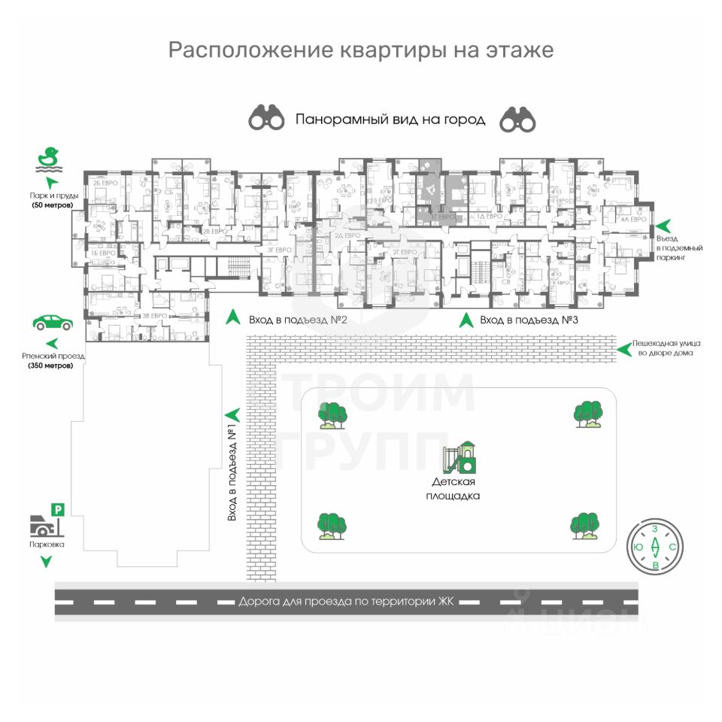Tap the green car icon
pyautogui.click(x=53, y=323)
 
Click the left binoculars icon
pyautogui.click(x=267, y=118)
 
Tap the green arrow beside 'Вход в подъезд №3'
pyautogui.click(x=466, y=320)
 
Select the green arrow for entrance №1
pyautogui.click(x=232, y=414)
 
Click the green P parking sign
pyautogui.click(x=57, y=510)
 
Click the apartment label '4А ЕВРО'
pyautogui.click(x=633, y=219)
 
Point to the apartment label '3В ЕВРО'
pyautogui.click(x=154, y=316)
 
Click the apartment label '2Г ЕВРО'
pyautogui.click(x=404, y=252)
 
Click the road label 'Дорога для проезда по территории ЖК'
pyautogui.click(x=347, y=602)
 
